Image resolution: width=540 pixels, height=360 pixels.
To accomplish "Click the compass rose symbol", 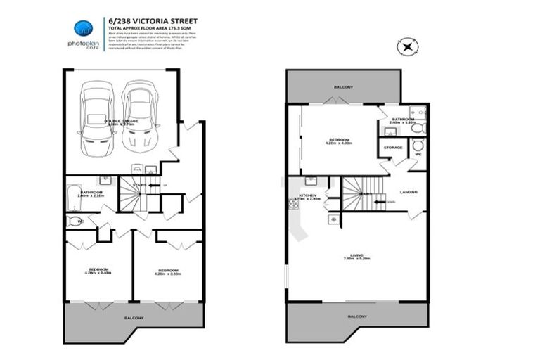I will (407, 47).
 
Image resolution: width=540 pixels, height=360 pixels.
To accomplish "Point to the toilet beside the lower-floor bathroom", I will (75, 221).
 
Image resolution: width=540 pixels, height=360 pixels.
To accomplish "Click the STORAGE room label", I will (392, 148).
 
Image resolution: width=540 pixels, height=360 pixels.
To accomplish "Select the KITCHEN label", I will (307, 195).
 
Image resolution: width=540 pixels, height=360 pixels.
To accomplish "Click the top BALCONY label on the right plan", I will (343, 86).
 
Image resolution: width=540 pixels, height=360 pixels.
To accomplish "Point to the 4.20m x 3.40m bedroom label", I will (98, 271).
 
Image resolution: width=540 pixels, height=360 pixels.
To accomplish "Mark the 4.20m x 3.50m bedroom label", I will (167, 271).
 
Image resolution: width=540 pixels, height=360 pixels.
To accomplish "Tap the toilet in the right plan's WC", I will (416, 145).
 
